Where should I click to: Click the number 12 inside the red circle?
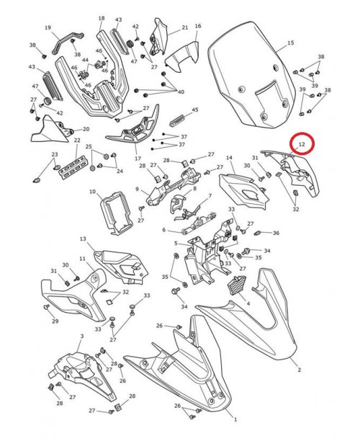click(x=302, y=145)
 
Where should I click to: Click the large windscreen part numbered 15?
click(x=252, y=72)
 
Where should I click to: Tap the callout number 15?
click(x=291, y=43)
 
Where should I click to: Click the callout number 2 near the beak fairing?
click(x=300, y=370)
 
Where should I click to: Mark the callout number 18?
click(x=101, y=18)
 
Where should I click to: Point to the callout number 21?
click(x=184, y=27)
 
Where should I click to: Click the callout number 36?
click(x=276, y=233)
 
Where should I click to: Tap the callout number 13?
click(x=83, y=239)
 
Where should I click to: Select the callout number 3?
click(x=82, y=337)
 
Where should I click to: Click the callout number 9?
click(x=137, y=190)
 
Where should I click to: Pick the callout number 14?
click(x=230, y=158)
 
